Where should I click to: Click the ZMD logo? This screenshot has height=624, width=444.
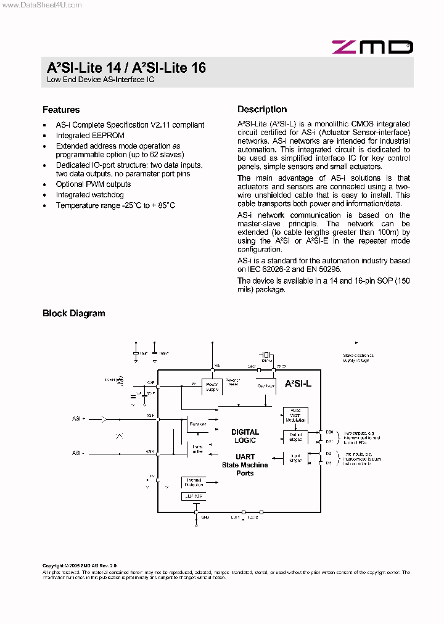372,47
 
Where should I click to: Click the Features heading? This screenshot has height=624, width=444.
61,110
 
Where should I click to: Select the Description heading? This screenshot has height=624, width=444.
262,109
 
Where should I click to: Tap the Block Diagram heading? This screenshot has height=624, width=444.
73,313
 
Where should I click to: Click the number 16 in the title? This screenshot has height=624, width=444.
198,68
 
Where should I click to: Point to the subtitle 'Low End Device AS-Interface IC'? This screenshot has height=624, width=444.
101,80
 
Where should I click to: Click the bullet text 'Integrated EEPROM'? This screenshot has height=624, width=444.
90,136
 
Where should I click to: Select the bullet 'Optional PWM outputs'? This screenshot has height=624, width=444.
93,184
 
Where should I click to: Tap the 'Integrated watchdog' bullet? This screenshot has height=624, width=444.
90,195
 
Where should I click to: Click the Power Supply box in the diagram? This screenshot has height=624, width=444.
212,387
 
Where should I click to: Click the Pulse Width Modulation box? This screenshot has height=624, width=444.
295,416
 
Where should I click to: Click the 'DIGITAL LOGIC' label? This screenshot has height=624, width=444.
245,436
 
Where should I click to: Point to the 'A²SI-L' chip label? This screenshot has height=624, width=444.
298,383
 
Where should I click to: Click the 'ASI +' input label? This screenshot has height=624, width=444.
78,418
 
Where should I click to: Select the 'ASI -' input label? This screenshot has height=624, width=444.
78,453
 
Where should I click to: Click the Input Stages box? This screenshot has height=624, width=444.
295,458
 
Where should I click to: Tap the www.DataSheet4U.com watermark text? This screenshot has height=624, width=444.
41,5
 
